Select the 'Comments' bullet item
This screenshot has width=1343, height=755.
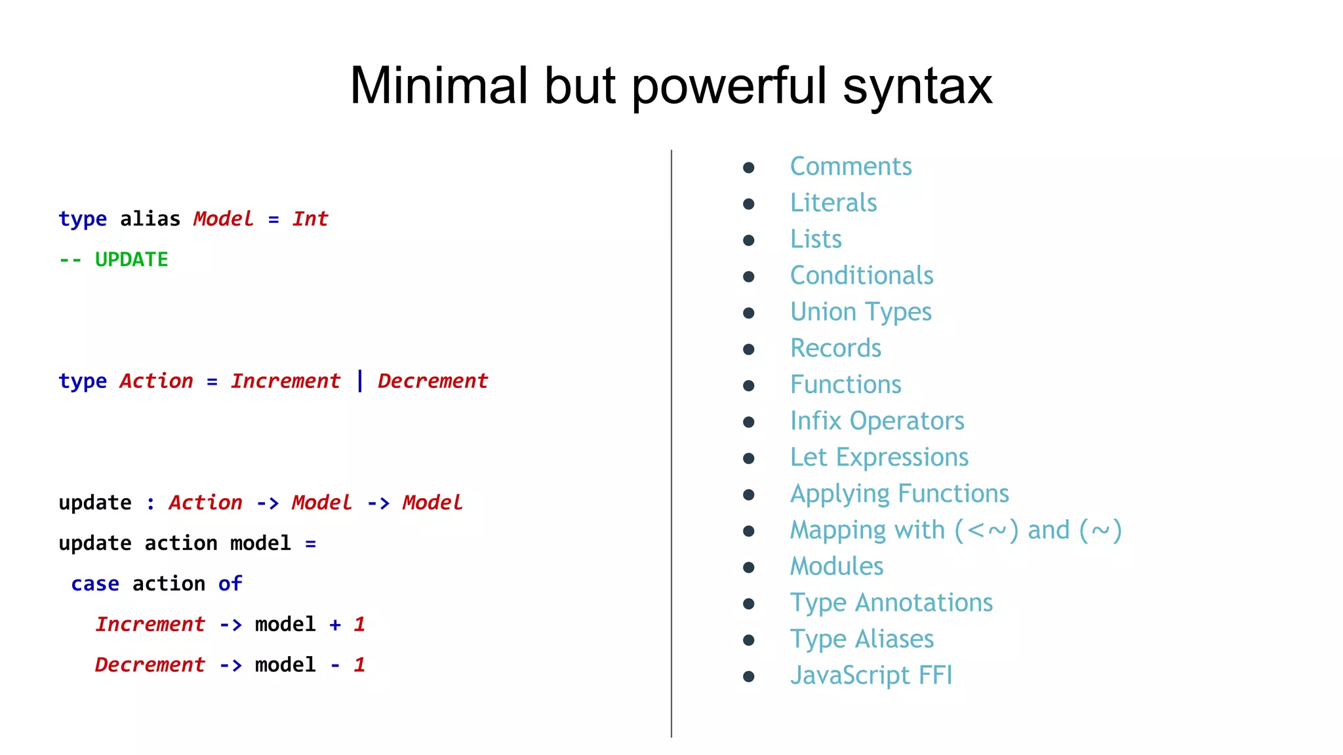[x=851, y=166]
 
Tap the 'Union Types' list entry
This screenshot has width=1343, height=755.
[x=860, y=312]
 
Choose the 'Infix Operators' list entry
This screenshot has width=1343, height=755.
[x=877, y=421]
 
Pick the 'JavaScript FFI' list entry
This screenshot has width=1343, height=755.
[x=871, y=675]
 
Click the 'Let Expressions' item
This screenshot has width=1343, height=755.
[x=879, y=457]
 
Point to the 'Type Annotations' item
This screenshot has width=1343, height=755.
[x=891, y=603]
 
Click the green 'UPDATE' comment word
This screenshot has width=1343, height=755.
[x=131, y=260]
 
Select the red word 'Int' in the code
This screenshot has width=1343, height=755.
[x=310, y=219]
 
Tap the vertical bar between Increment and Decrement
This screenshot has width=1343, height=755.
[x=360, y=381]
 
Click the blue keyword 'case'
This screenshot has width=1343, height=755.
[x=95, y=584]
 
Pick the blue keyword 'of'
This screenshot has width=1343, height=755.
[x=230, y=584]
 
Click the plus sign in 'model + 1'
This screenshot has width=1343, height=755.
[x=335, y=625]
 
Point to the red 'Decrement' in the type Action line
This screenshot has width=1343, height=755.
[x=433, y=381]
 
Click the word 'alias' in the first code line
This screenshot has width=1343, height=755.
[x=150, y=219]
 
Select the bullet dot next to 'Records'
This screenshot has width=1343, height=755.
[x=749, y=349]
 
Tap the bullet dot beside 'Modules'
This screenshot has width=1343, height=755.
[x=749, y=568]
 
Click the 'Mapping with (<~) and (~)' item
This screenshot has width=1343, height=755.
[x=955, y=530]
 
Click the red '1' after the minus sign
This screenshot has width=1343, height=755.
[x=359, y=665]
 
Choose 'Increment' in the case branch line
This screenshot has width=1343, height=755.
[x=150, y=625]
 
